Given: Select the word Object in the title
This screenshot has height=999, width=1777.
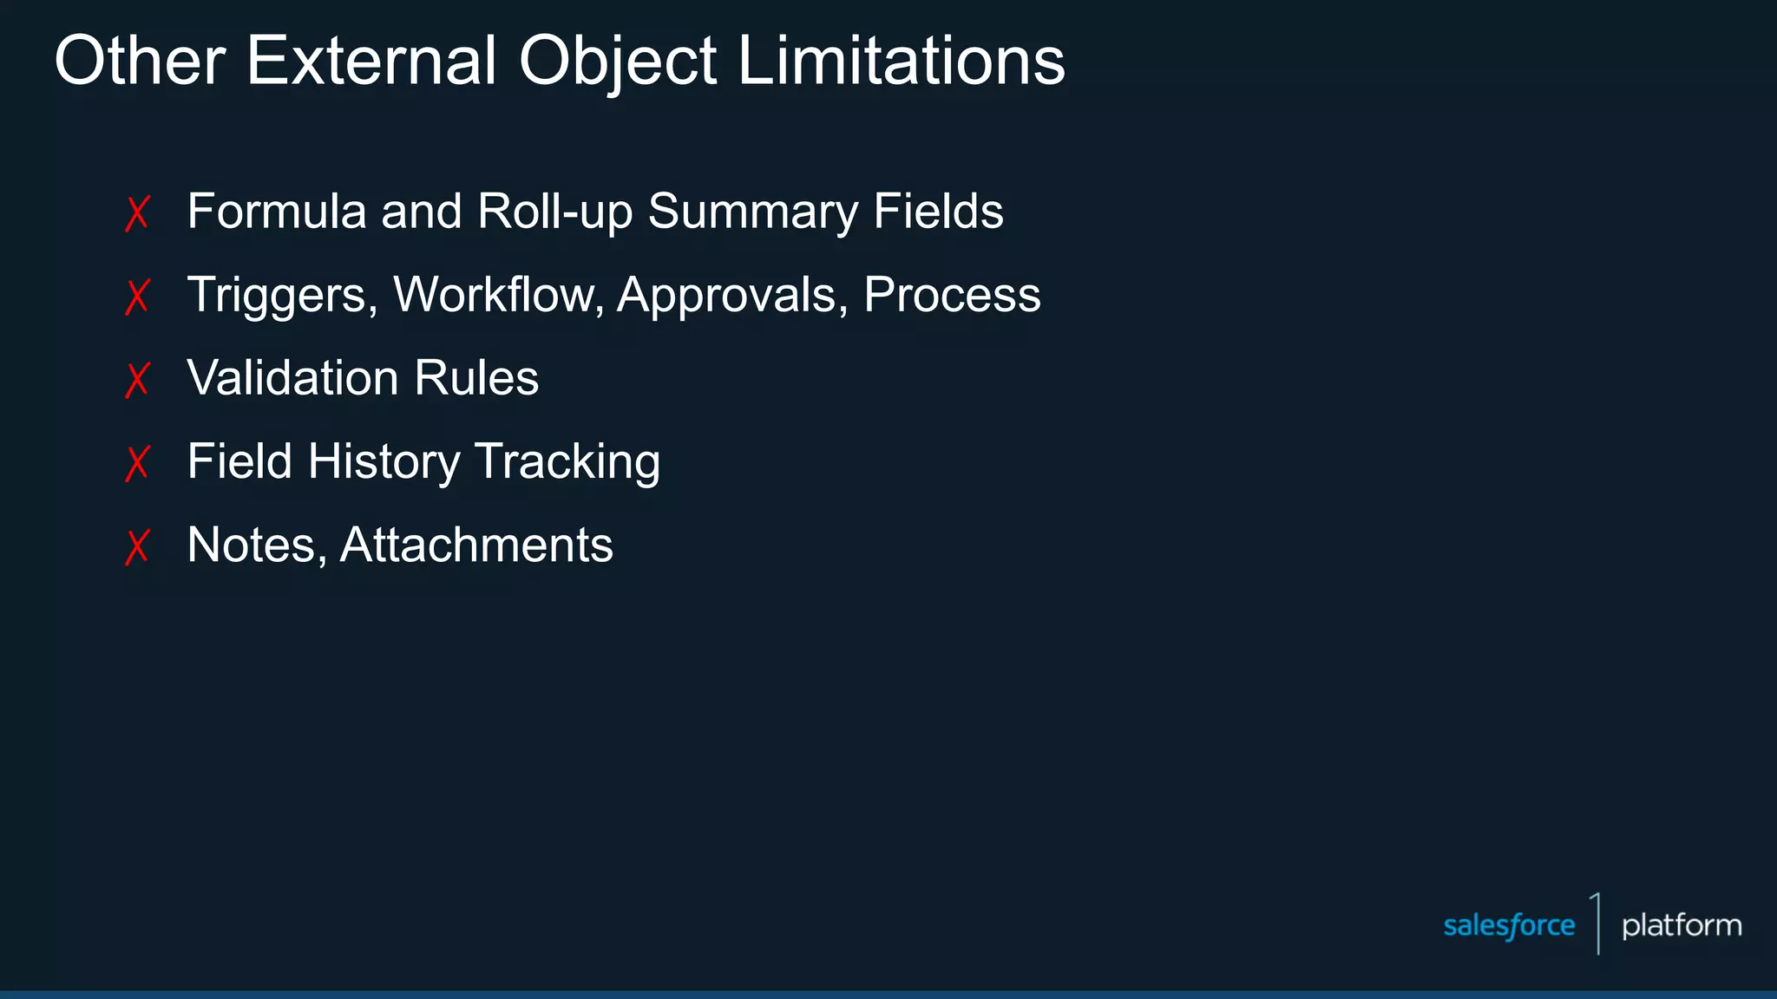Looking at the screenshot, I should [x=617, y=62].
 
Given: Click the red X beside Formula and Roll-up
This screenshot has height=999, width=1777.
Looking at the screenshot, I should [x=138, y=213].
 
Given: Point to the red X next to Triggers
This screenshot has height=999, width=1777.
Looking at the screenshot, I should [x=138, y=297].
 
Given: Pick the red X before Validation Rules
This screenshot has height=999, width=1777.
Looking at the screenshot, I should [x=138, y=380].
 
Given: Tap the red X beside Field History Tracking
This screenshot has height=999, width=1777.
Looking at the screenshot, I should [x=138, y=463].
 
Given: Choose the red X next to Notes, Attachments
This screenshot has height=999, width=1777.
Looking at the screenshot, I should [x=138, y=546].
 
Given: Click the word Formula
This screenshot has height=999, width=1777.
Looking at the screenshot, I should [x=277, y=212].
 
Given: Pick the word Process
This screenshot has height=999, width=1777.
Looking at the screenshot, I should [x=952, y=295].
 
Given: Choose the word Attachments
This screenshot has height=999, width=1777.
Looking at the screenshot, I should [x=476, y=545].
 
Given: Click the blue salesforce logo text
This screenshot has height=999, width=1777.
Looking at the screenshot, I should [x=1509, y=925].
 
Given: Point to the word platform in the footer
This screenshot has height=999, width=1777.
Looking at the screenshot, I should [x=1682, y=925].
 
